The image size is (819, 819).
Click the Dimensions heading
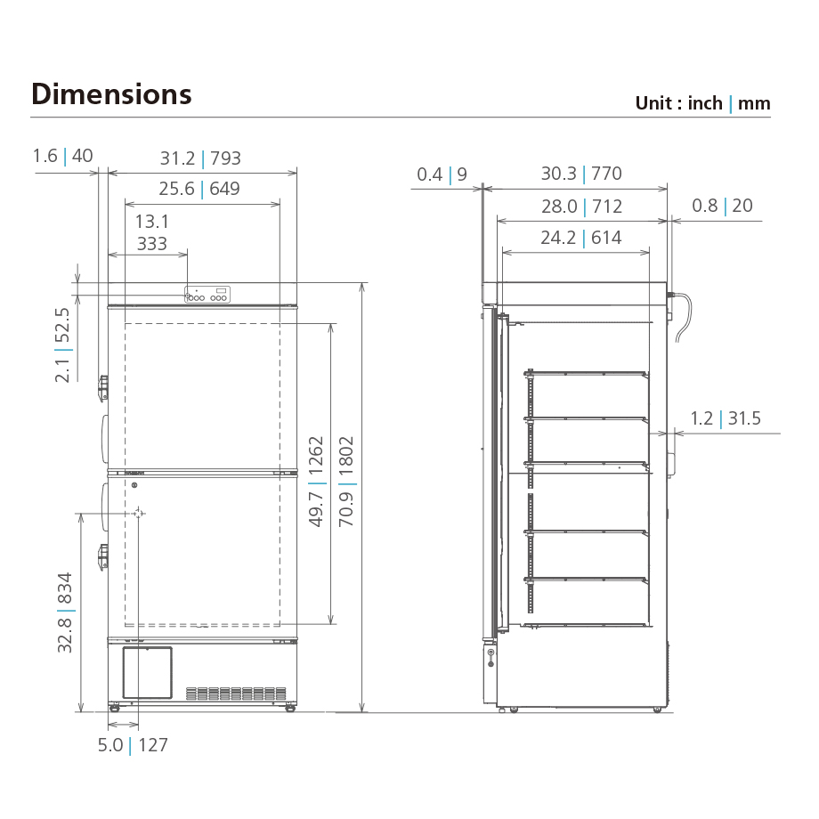coord(111,93)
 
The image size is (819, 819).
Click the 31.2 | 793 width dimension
coord(200,158)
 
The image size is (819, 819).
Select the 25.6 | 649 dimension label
coord(199,189)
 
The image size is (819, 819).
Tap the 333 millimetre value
coord(152,243)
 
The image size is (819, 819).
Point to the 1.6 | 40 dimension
coord(62,156)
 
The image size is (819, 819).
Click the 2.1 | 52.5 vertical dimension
coord(62,345)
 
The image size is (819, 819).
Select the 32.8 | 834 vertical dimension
coord(65,612)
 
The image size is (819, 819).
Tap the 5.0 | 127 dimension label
coord(133,745)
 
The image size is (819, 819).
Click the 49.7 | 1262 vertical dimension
coord(316,481)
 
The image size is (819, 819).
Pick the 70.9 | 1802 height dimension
coord(346,481)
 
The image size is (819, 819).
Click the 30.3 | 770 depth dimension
coord(580,174)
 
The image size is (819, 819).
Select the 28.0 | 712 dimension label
coord(580,207)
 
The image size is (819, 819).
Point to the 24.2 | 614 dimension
coord(580,238)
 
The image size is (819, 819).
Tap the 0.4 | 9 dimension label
coord(442,174)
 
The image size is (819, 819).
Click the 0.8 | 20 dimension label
coord(722,206)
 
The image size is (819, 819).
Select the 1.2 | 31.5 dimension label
coord(726,418)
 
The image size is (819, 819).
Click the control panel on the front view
coord(207,294)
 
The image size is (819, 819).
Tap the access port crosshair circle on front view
coord(138,514)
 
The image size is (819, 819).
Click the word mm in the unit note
coord(754,103)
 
